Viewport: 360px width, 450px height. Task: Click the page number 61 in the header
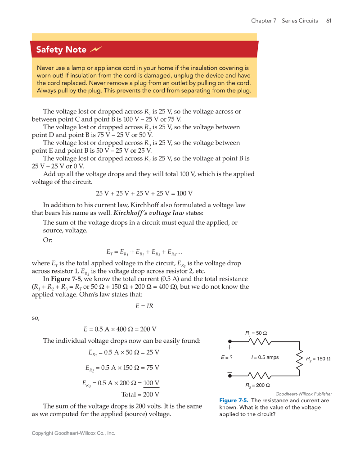328,21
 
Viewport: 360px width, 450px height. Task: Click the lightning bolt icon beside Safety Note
96,49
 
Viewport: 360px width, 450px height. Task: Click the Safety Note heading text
61,50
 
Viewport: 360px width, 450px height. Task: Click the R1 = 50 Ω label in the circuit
256,333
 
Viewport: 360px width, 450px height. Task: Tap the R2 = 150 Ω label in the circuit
318,359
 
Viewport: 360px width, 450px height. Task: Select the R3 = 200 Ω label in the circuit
257,385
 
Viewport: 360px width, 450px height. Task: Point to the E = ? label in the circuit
226,357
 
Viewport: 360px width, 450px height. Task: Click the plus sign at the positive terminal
229,347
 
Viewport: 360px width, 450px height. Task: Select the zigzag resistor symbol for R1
259,341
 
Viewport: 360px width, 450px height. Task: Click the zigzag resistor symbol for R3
259,375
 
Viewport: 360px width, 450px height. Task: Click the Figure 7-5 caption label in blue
234,400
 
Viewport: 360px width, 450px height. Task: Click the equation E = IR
144,306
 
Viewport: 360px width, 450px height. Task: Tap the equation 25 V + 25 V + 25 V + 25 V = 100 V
144,193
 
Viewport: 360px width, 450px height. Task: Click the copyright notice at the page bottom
73,433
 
